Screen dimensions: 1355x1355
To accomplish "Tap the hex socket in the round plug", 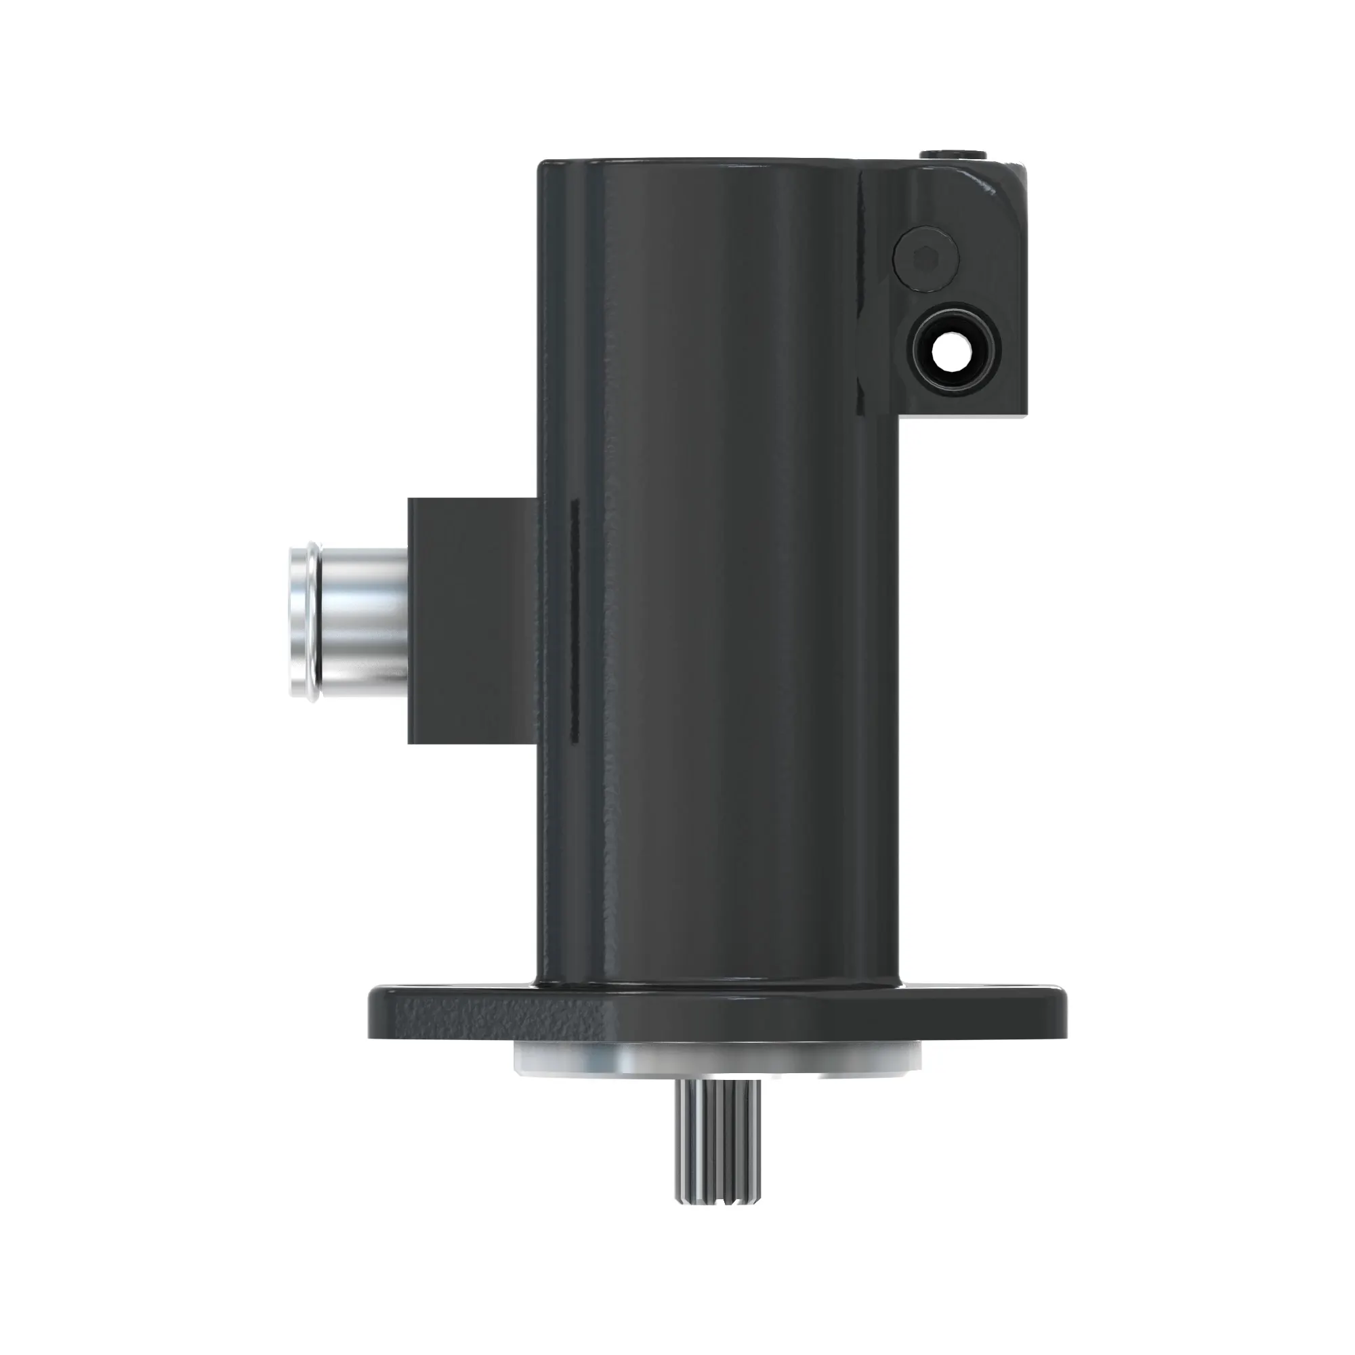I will click(x=925, y=258).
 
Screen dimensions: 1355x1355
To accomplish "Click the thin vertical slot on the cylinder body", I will click(x=574, y=617).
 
